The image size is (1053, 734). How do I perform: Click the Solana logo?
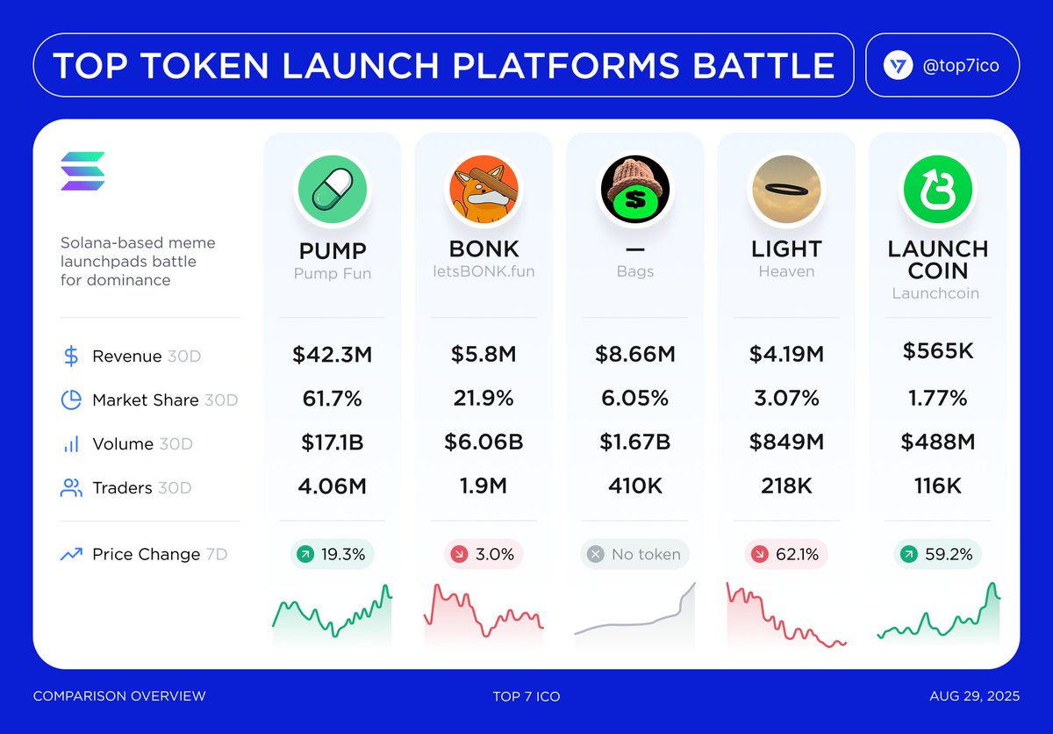point(82,171)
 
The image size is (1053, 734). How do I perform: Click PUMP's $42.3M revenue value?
point(333,355)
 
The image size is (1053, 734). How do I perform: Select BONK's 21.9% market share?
point(484,399)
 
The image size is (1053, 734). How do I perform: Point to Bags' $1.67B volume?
point(634,443)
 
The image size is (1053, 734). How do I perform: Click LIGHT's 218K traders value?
point(785,486)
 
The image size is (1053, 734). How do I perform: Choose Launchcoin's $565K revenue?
point(937,351)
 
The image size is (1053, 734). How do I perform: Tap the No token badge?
point(634,555)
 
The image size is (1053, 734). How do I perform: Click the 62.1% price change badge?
point(785,555)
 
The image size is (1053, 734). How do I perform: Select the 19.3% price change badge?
point(333,555)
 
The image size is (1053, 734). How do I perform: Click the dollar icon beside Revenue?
point(71,356)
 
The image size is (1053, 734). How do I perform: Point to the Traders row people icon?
point(71,488)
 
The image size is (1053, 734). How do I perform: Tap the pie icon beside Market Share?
point(71,400)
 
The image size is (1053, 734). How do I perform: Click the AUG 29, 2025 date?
point(974,696)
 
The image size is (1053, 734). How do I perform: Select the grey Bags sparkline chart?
point(634,615)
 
